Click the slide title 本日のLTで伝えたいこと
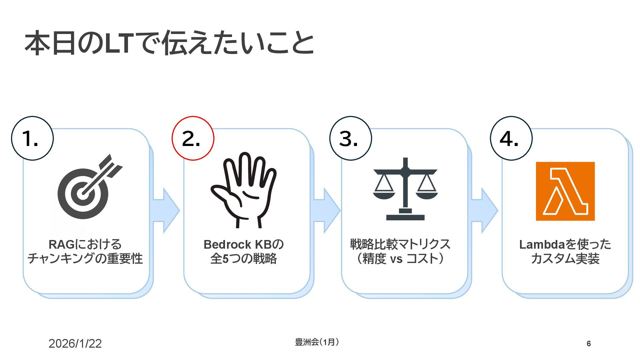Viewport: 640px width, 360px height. pyautogui.click(x=169, y=43)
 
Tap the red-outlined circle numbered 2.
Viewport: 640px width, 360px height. pyautogui.click(x=193, y=138)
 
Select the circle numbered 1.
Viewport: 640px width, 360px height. pyautogui.click(x=32, y=138)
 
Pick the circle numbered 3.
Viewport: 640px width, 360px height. pyautogui.click(x=350, y=138)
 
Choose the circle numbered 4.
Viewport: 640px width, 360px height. pyautogui.click(x=511, y=138)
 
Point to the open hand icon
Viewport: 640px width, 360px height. pyautogui.click(x=243, y=190)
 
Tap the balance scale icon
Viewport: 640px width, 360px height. pyautogui.click(x=405, y=189)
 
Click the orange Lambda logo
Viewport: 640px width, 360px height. pyautogui.click(x=565, y=191)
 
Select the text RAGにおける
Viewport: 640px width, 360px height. pyautogui.click(x=85, y=244)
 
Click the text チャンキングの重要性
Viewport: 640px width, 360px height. pyautogui.click(x=85, y=259)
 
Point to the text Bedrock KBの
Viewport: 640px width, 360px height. pyautogui.click(x=243, y=244)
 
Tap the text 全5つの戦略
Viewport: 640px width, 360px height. pyautogui.click(x=243, y=259)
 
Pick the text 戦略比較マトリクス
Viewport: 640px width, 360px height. pyautogui.click(x=400, y=244)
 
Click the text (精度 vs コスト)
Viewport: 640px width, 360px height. pyautogui.click(x=400, y=259)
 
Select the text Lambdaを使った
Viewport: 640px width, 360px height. pyautogui.click(x=565, y=244)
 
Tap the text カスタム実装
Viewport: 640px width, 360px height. pyautogui.click(x=565, y=259)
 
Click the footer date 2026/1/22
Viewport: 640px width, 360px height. pyautogui.click(x=75, y=344)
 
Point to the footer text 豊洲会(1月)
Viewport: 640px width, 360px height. pyautogui.click(x=317, y=342)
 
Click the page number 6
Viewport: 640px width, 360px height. pyautogui.click(x=589, y=344)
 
